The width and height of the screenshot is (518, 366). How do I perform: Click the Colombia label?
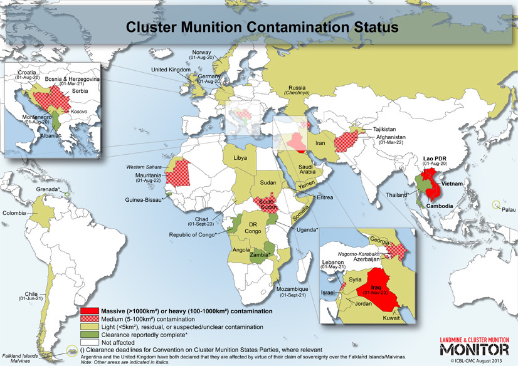[15, 212]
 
